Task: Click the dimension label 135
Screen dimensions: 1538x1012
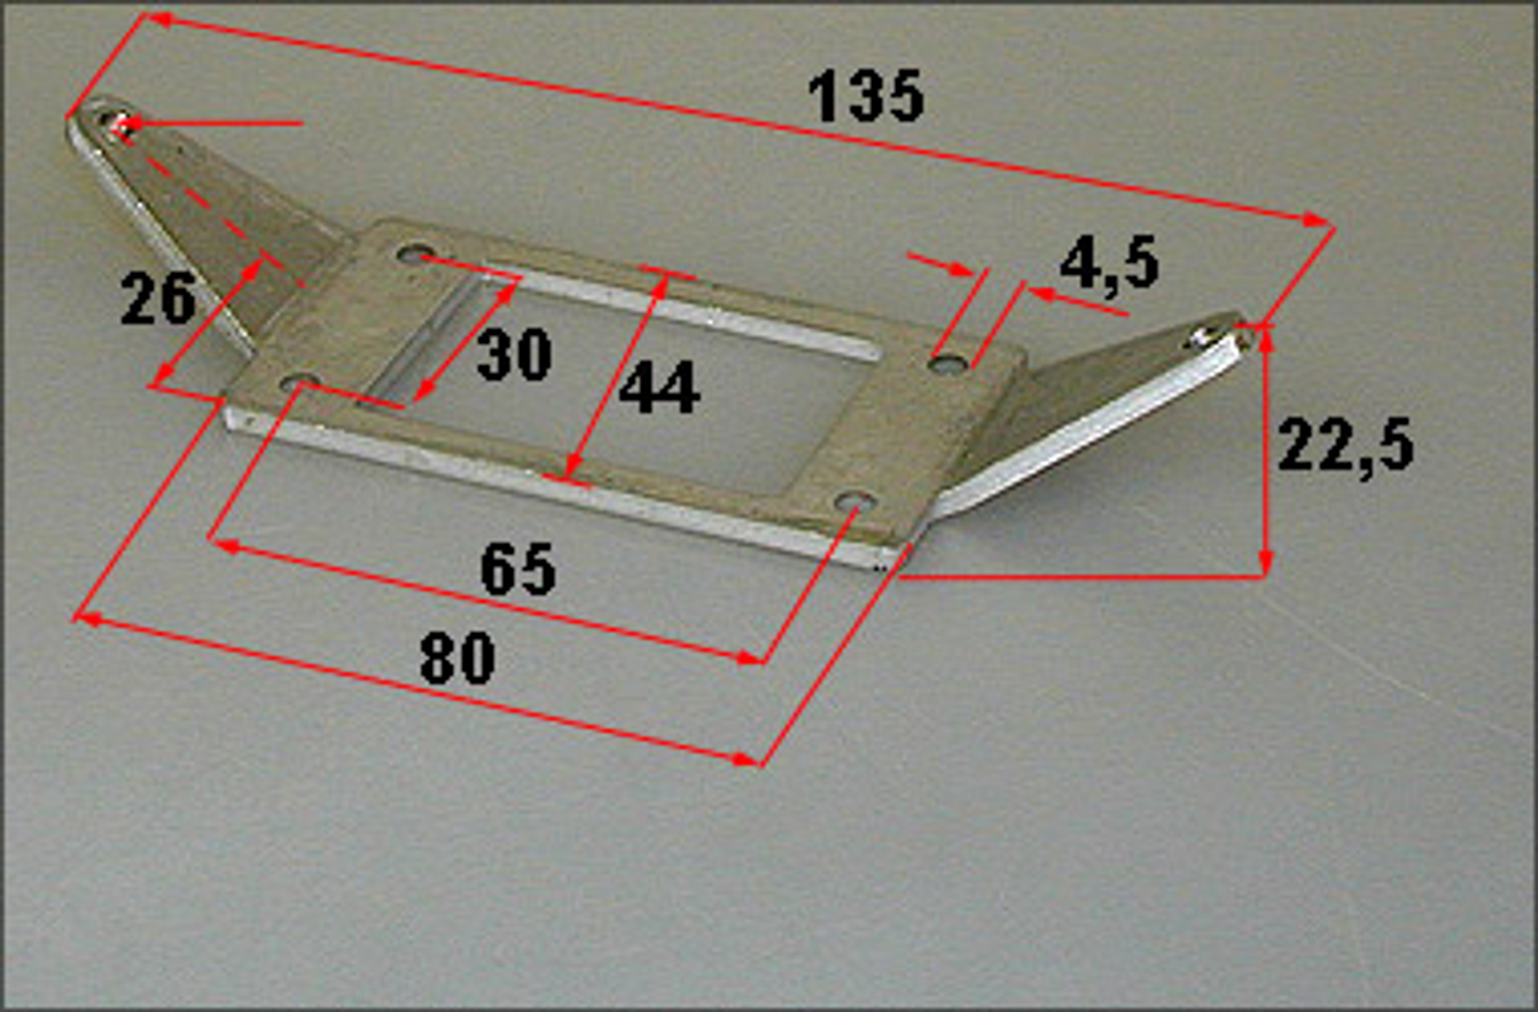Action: (867, 97)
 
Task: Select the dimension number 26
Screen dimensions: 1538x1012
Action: (158, 298)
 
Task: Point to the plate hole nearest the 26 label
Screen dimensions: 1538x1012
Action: (301, 383)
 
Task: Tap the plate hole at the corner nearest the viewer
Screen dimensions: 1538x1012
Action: (854, 500)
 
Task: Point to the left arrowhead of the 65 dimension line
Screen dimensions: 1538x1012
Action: (226, 547)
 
